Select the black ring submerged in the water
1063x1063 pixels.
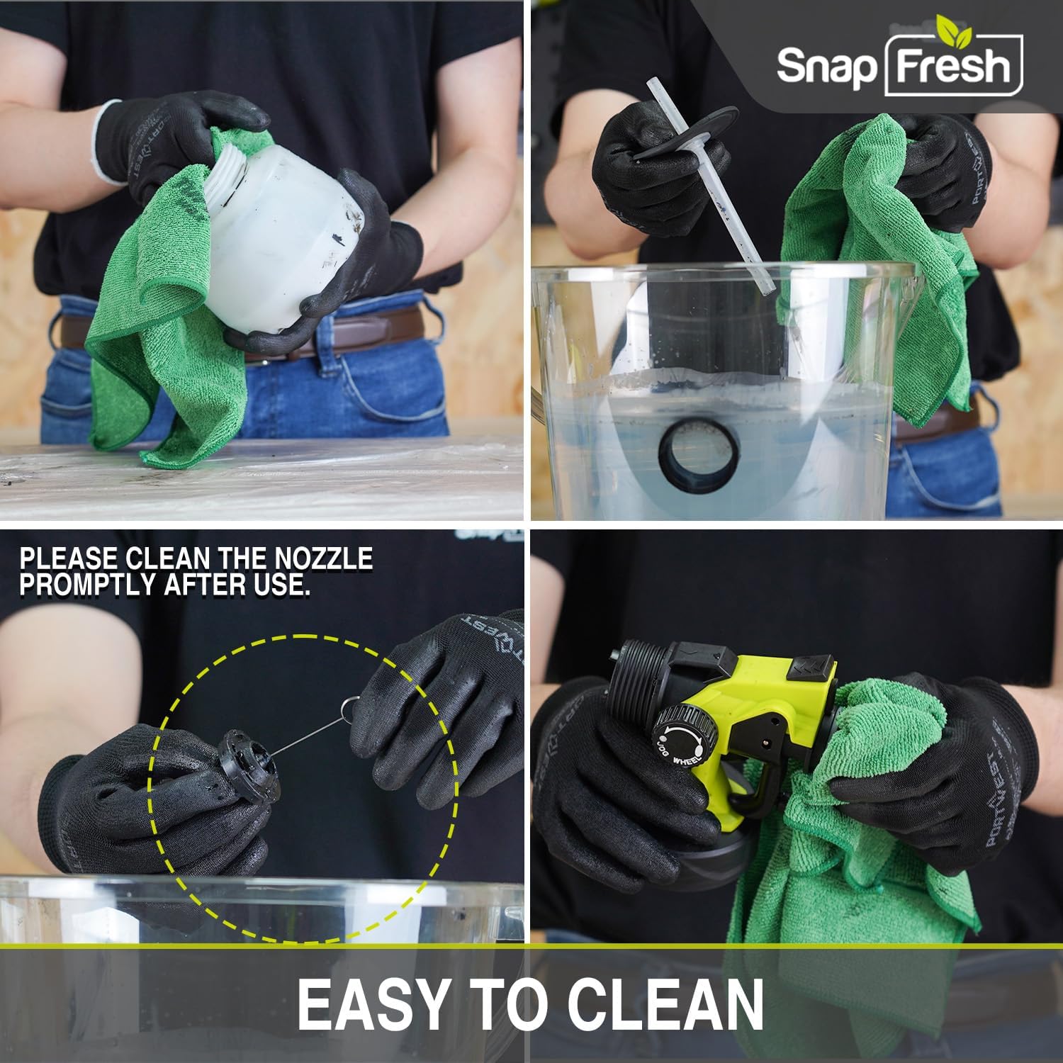(x=699, y=454)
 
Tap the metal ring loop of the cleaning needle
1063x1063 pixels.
(x=347, y=707)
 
